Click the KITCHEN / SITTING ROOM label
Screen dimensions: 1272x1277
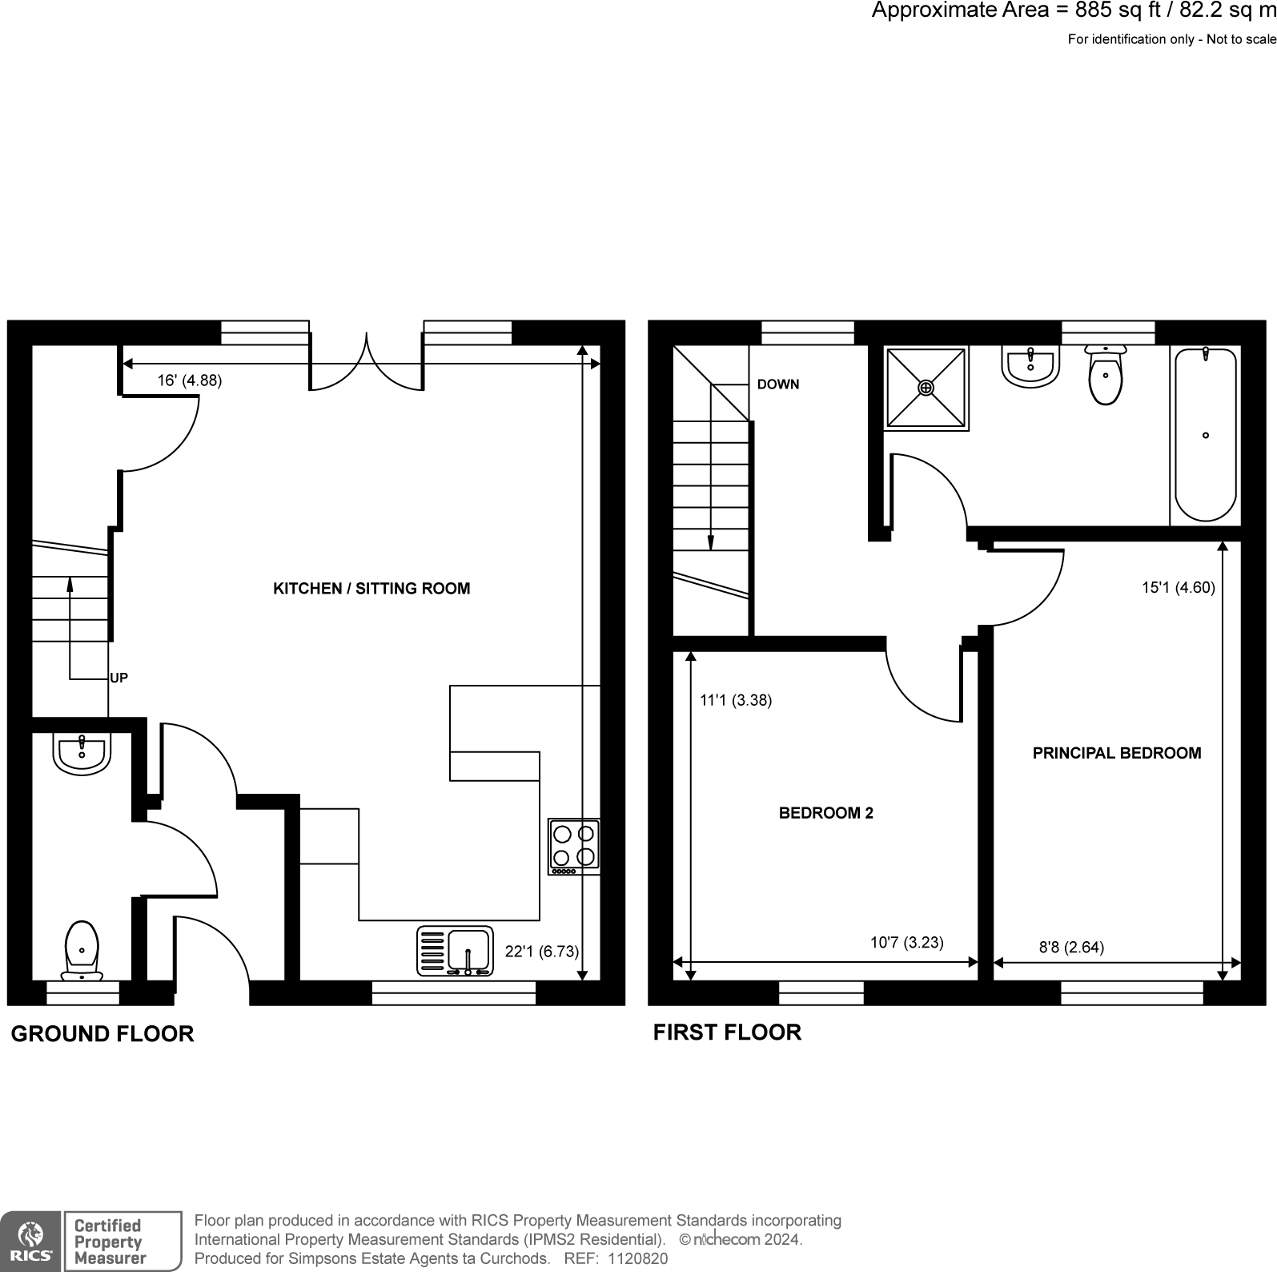[371, 589]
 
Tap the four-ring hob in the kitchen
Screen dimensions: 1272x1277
[574, 846]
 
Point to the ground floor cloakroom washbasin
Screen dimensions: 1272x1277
[81, 754]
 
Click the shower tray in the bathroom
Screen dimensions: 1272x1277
[926, 388]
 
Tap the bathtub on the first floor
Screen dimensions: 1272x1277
[1205, 435]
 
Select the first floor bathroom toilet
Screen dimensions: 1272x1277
[1106, 376]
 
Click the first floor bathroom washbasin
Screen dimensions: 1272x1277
[1030, 367]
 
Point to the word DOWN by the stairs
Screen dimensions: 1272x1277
[777, 384]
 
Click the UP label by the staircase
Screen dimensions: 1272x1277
[118, 678]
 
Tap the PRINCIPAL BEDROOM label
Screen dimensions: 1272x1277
[1116, 753]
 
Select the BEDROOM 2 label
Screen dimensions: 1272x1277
[825, 813]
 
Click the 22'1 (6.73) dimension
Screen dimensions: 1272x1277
[541, 952]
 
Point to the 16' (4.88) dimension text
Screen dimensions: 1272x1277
[189, 380]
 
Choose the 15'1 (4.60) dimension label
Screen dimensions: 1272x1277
[1178, 587]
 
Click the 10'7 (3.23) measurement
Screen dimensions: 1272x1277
[906, 942]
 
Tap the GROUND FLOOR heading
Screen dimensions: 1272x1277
[102, 1033]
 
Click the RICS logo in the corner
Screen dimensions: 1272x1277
[30, 1241]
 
